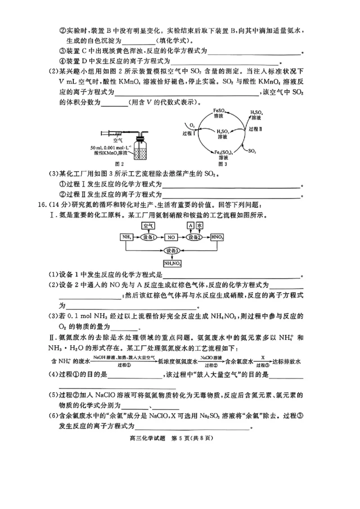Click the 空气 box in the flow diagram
click(x=148, y=226)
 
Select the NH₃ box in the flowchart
click(x=126, y=237)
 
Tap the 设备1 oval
click(x=148, y=237)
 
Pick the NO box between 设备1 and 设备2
click(x=171, y=237)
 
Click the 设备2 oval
click(x=195, y=237)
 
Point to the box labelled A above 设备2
click(x=190, y=226)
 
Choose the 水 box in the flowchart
click(x=200, y=226)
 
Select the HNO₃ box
click(x=218, y=237)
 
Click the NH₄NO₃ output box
click(x=172, y=263)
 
